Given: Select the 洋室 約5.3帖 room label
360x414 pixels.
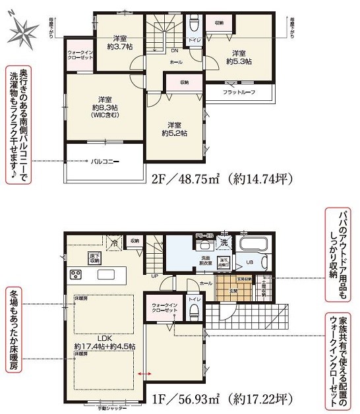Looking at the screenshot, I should click(238, 57).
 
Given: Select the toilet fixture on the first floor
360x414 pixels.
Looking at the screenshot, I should click(195, 307).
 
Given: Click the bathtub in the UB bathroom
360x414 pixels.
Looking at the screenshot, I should click(253, 251).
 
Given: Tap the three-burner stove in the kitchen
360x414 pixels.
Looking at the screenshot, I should click(76, 276).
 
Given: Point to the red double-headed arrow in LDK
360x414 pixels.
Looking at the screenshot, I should click(144, 374).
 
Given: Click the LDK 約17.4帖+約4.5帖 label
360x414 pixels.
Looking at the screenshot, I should click(105, 341).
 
